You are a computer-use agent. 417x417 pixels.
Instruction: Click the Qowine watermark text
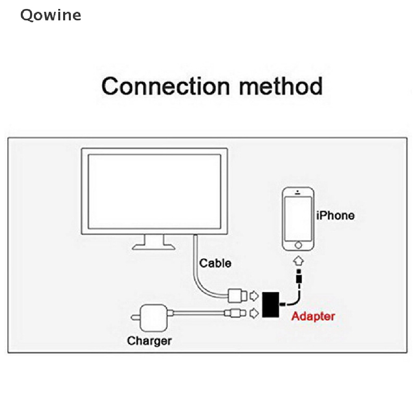(x=51, y=15)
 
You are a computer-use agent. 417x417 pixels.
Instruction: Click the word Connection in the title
(x=166, y=86)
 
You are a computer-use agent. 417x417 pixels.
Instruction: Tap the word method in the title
(x=281, y=86)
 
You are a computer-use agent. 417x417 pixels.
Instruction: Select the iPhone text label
(x=336, y=215)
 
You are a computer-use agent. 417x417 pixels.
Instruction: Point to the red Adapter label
(x=313, y=316)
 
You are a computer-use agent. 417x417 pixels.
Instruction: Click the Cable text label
(x=215, y=263)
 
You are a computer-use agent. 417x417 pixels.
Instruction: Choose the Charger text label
(x=149, y=341)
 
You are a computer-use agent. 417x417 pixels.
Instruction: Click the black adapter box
(x=271, y=305)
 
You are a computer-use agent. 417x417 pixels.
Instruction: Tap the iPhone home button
(x=298, y=245)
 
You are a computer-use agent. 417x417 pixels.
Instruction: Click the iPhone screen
(x=298, y=219)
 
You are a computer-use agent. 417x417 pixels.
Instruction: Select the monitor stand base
(x=154, y=247)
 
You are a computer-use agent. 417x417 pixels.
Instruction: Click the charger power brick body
(x=154, y=318)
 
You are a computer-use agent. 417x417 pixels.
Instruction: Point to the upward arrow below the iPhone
(x=298, y=261)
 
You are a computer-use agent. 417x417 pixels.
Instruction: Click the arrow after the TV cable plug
(x=254, y=296)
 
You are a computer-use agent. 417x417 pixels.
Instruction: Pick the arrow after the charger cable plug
(x=254, y=313)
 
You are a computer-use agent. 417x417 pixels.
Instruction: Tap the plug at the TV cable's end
(x=238, y=296)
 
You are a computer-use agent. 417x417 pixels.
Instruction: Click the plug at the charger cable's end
(x=235, y=313)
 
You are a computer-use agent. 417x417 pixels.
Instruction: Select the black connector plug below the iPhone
(x=299, y=276)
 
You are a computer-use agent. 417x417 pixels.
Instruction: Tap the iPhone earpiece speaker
(x=298, y=193)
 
